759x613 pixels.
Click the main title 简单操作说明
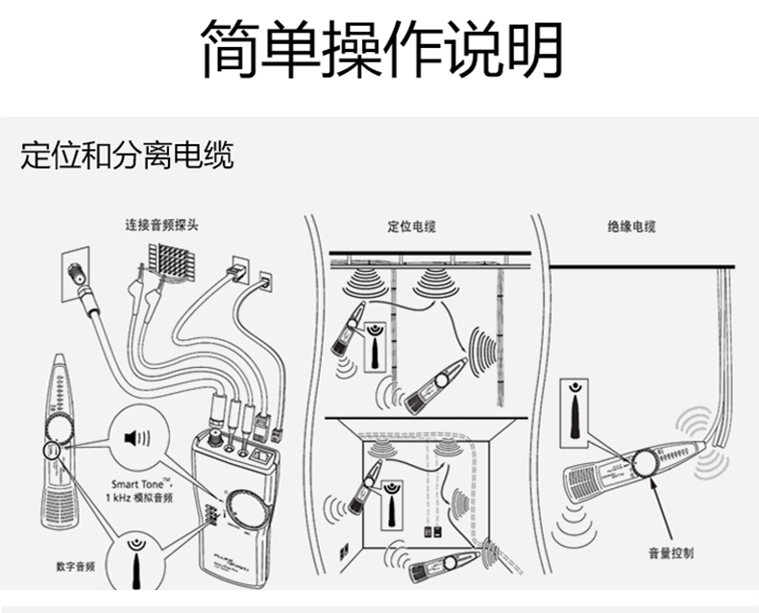tap(380, 50)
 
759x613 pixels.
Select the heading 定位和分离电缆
tap(127, 156)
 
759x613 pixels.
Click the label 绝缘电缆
tap(631, 228)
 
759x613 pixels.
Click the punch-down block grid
tap(171, 262)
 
